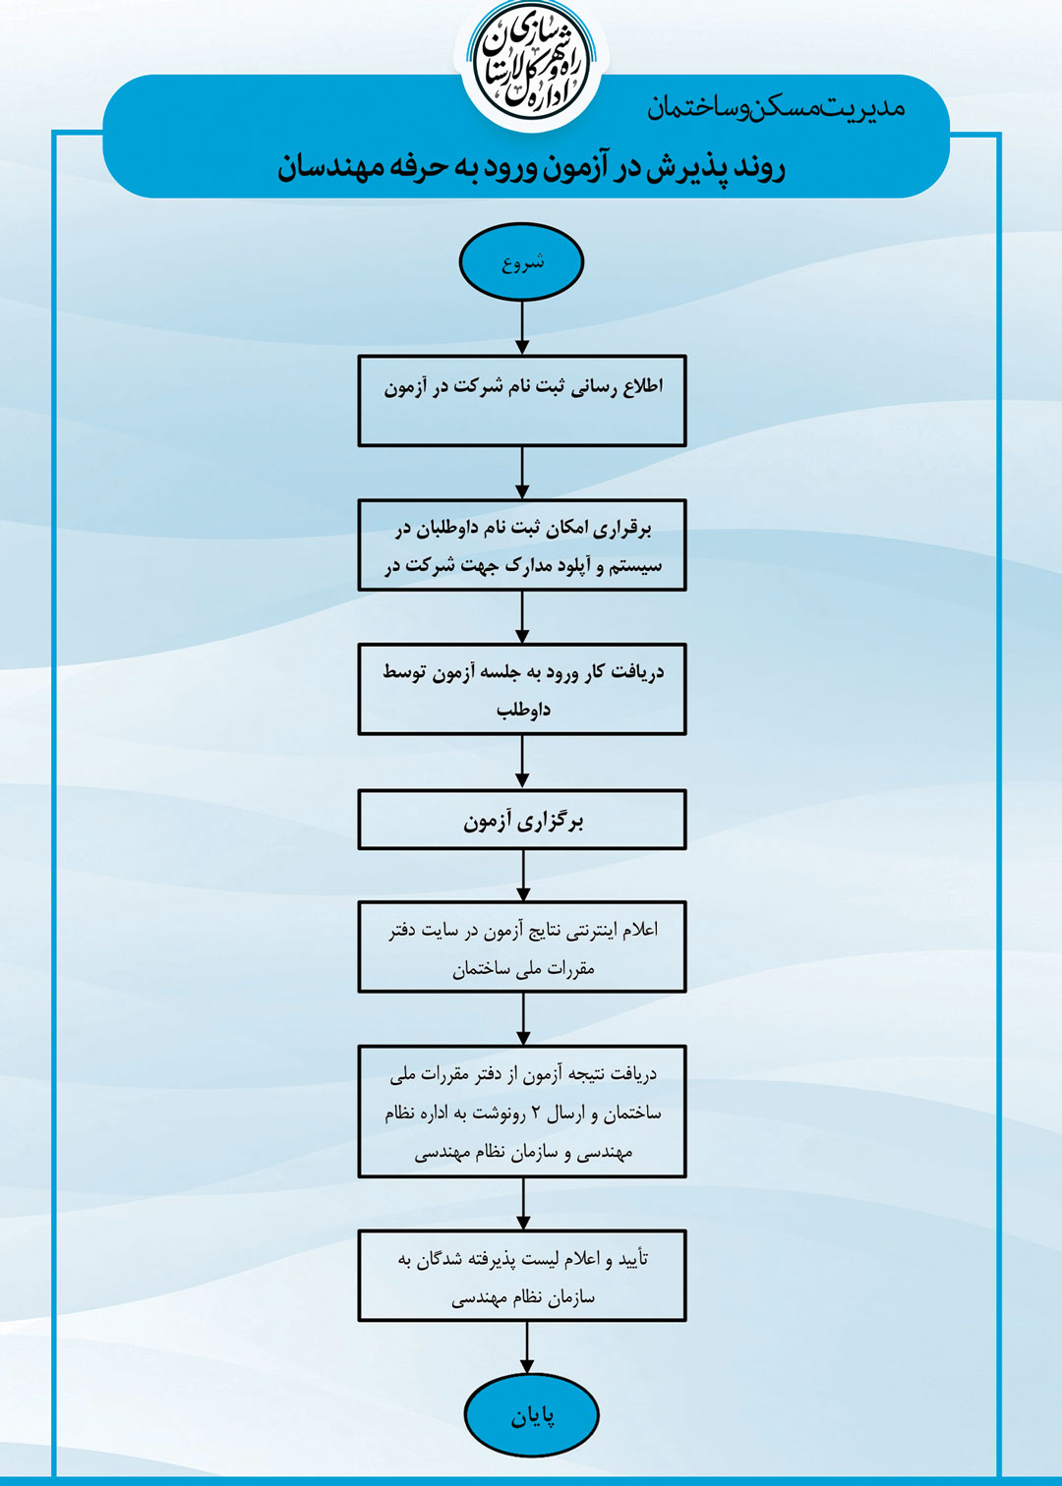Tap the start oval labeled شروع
[x=522, y=262]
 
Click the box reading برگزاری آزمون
[x=522, y=820]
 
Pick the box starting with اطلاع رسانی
[x=522, y=401]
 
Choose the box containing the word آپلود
[x=522, y=545]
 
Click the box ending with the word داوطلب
[x=522, y=689]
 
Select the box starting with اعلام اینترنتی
[x=522, y=946]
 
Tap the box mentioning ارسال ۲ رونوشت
[x=522, y=1112]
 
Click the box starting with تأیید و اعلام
[x=522, y=1276]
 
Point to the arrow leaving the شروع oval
[x=522, y=327]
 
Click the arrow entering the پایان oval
[x=526, y=1347]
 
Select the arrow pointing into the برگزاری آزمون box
[x=522, y=762]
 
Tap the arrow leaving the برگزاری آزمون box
[x=523, y=875]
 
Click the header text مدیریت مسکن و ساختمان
[x=777, y=107]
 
